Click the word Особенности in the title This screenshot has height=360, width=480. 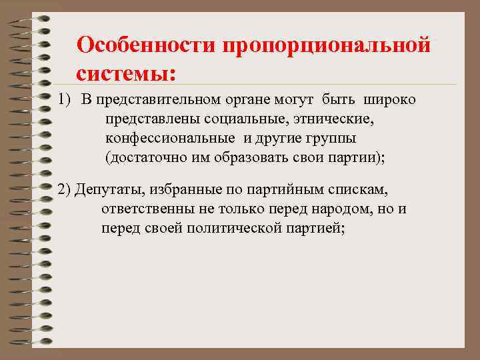pos(147,45)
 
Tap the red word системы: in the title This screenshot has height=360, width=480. pos(127,71)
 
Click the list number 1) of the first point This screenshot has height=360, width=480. pos(65,100)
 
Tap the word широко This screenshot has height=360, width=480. pos(389,100)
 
